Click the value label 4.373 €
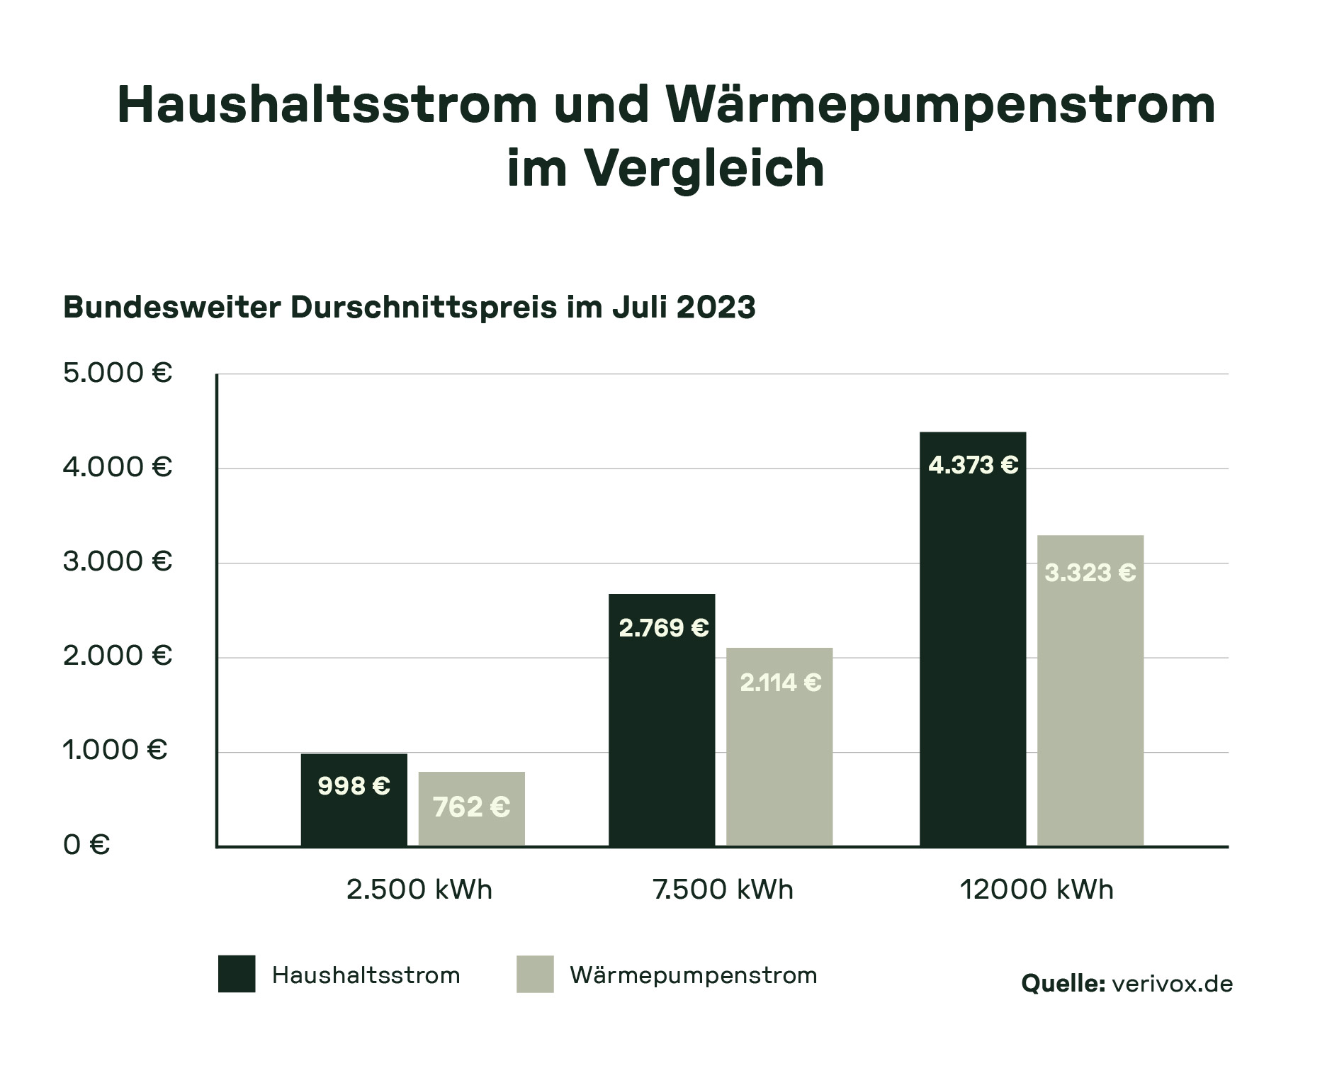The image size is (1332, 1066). pos(973,466)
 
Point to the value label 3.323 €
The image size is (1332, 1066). pos(1090,573)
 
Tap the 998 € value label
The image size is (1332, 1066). pos(354,786)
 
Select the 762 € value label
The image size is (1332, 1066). pos(471,807)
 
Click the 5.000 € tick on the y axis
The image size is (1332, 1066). pos(118,373)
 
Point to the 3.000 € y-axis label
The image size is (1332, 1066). pos(118,561)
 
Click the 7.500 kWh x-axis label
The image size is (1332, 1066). pos(723,890)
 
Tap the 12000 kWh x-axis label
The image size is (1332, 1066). pos(1037,890)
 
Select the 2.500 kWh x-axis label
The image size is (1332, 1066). pos(419,890)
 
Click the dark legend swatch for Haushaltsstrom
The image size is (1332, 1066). pos(237,974)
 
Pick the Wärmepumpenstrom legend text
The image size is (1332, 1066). pos(693,975)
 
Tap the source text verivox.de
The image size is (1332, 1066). pos(1172,984)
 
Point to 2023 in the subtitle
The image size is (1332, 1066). pos(716,308)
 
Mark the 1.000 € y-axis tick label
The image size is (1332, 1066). pos(115,750)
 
